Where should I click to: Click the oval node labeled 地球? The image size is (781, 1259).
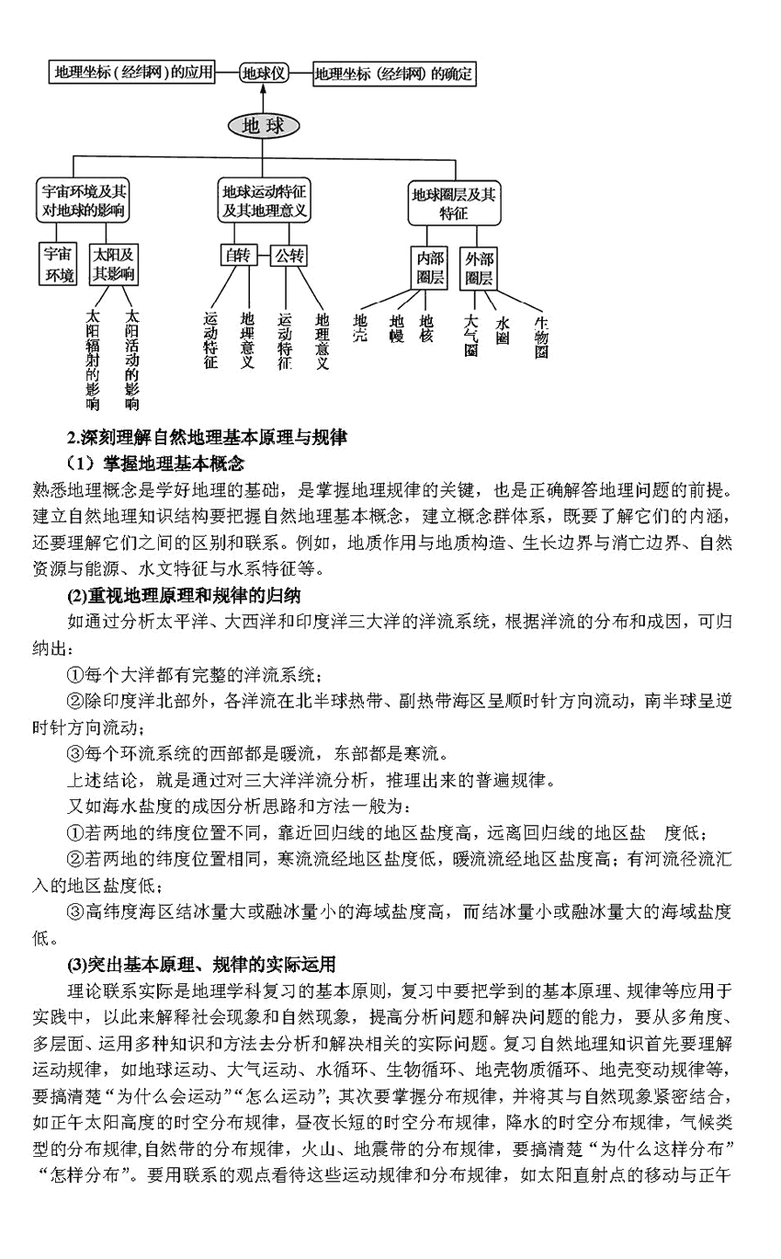[x=263, y=126]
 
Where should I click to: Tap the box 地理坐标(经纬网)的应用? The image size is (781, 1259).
[x=131, y=72]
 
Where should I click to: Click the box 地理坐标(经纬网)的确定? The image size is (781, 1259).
[x=394, y=74]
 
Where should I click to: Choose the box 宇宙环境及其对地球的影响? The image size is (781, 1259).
[x=85, y=200]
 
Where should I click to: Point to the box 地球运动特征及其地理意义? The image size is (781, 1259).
[x=264, y=200]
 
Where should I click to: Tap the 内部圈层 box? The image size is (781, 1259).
[x=430, y=267]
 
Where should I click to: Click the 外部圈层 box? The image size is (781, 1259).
[x=479, y=267]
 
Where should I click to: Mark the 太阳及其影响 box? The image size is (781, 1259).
[x=113, y=265]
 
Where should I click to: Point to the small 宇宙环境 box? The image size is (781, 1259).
[x=61, y=265]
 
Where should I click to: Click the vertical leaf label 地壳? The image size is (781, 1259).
[x=360, y=328]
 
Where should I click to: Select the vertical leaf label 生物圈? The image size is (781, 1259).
[x=542, y=338]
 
